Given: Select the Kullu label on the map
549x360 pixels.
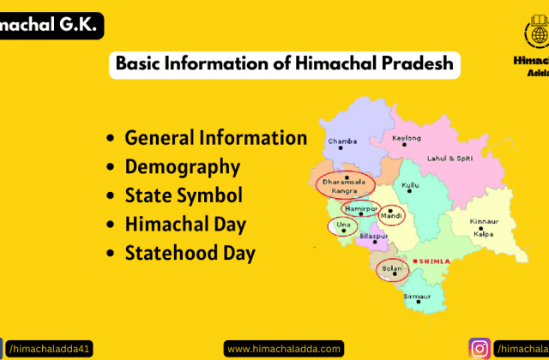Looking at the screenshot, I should point(411,185).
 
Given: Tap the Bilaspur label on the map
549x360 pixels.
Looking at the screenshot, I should point(374,235).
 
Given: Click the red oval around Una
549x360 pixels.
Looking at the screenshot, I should point(343,226).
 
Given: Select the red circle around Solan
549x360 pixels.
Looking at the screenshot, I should point(393,271).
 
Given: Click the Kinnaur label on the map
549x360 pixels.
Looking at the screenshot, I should point(484,222).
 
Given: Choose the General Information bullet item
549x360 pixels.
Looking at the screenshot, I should point(215,138).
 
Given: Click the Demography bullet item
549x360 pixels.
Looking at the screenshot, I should point(182,167).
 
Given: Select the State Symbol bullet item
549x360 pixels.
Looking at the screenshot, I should point(184,196).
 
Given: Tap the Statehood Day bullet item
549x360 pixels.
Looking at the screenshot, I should point(190,254).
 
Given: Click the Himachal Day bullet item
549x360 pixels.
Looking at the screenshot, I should point(185,225).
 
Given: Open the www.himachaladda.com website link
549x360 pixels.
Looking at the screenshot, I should point(284,349).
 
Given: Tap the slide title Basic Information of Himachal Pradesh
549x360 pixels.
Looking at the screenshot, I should point(283,65).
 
